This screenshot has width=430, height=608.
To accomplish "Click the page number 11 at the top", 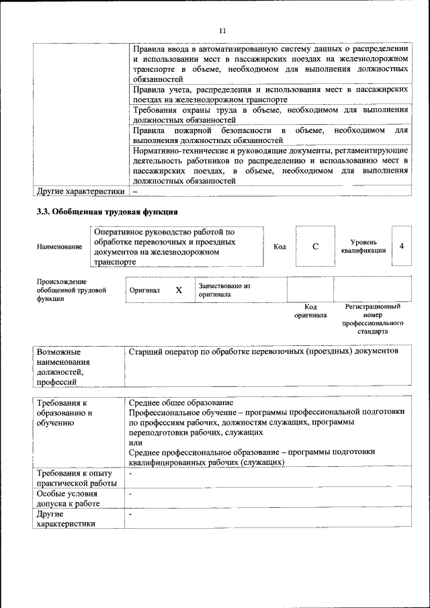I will coord(223,30).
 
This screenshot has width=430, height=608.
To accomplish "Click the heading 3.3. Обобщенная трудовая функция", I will coord(107,212).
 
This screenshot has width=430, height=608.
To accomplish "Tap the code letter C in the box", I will coord(315,246).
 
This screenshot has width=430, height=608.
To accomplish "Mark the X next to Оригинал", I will coord(179,290).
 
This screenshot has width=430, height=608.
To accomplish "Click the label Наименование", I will coord(60,247).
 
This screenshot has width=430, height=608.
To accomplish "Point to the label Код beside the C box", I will coord(279,247).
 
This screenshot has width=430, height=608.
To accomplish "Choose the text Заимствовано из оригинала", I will coord(224,290).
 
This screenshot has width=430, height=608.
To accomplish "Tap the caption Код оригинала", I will coord(310,310).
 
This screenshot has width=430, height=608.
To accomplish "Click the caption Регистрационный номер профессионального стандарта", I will coord(373,318).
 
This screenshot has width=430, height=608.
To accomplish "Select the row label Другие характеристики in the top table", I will coord(81,191).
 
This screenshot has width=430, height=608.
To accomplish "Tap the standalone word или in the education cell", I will coord(135,443).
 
